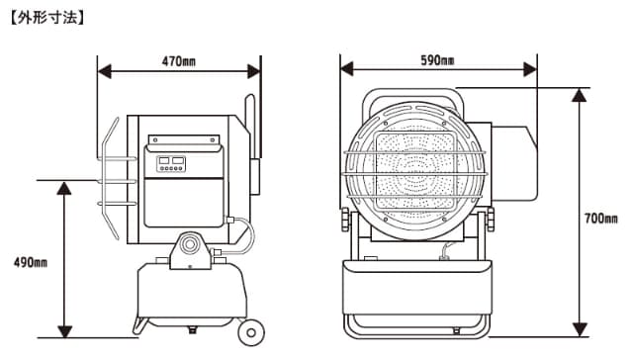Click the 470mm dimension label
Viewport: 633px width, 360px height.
[x=179, y=61]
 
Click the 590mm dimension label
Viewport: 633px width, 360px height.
[x=437, y=60]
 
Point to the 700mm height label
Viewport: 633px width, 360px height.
[x=601, y=219]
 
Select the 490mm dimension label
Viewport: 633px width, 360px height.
[x=31, y=263]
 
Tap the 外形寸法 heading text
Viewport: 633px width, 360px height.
[x=46, y=18]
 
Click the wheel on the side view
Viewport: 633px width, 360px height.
[x=251, y=332]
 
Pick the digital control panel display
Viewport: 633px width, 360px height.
[x=171, y=163]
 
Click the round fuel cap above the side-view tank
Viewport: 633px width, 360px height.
[x=189, y=244]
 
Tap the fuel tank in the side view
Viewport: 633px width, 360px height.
[x=192, y=291]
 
